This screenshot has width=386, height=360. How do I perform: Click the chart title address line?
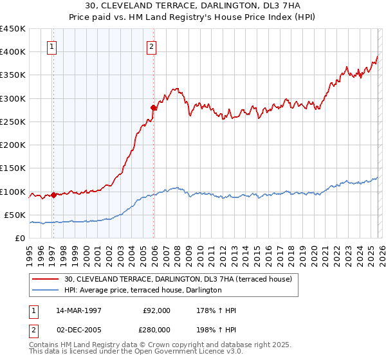(192, 6)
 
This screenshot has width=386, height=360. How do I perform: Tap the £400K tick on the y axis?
(13, 52)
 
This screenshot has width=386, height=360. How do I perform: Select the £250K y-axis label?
(13, 122)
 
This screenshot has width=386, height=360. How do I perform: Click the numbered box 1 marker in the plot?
(51, 46)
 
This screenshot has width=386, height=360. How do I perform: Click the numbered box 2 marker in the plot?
(151, 46)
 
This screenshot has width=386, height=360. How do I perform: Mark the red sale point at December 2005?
(154, 107)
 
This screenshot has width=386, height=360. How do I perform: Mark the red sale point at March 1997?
(54, 195)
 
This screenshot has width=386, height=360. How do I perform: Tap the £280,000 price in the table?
(156, 330)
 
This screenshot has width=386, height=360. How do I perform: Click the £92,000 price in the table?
(156, 310)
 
